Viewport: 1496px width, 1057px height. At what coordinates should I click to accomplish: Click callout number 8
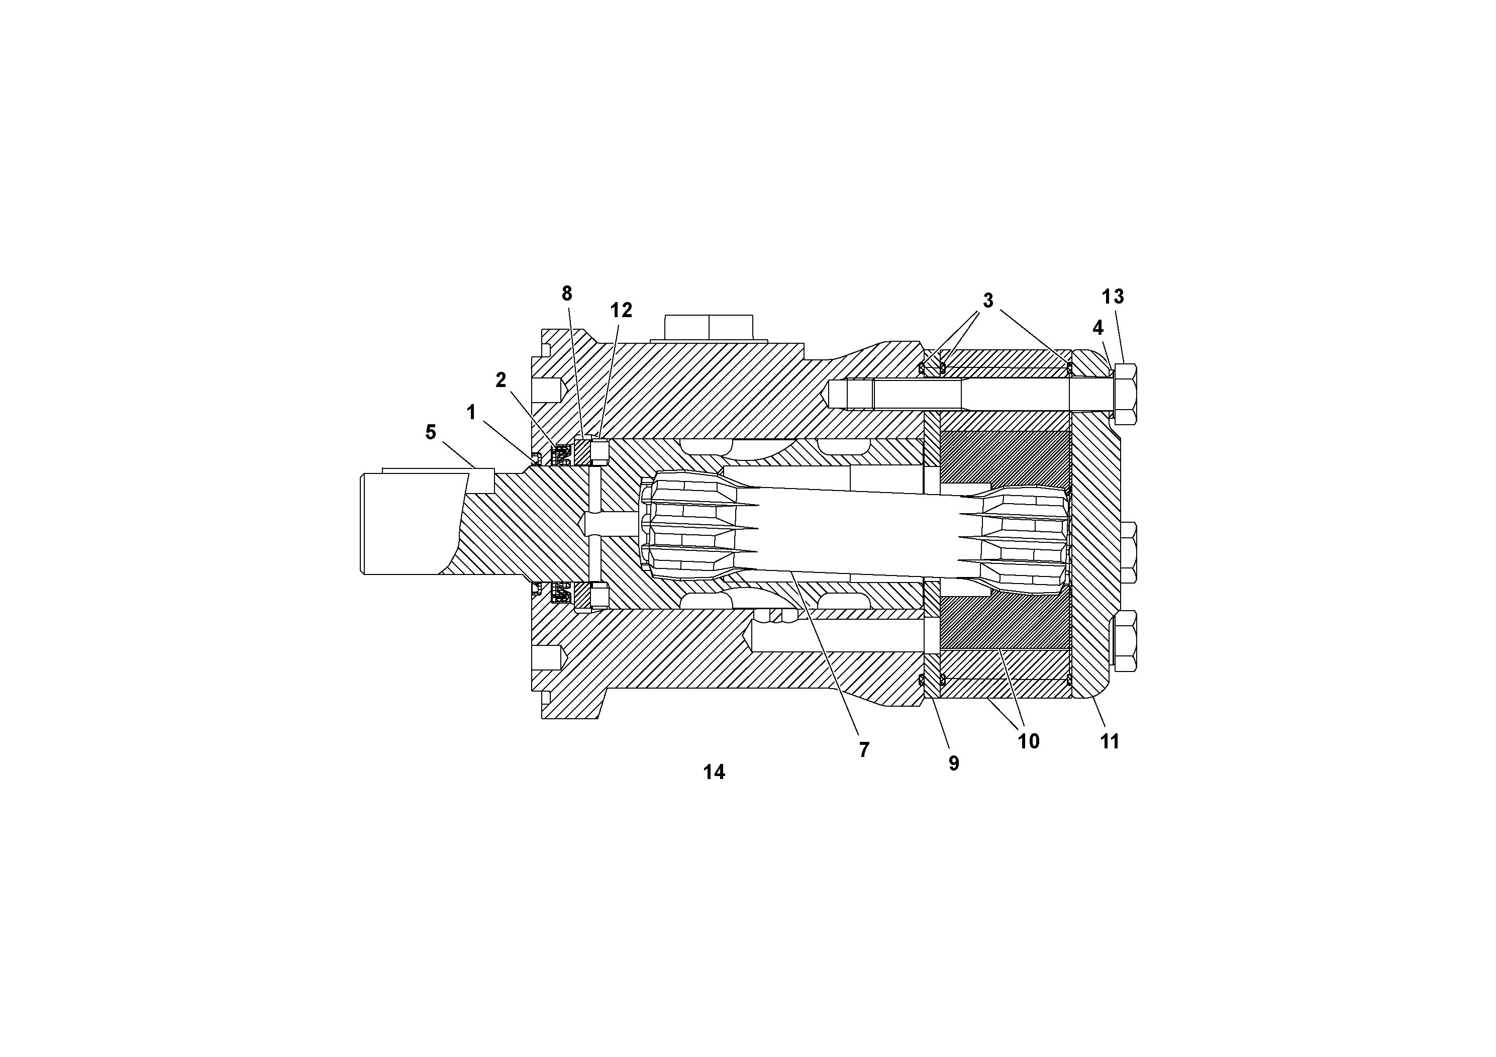(x=567, y=295)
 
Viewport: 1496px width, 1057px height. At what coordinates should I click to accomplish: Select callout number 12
(x=621, y=311)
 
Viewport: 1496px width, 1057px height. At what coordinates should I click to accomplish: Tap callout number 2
(x=501, y=380)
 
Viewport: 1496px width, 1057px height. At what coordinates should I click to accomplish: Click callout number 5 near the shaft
(x=430, y=432)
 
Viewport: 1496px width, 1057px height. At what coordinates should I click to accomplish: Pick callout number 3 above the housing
(x=988, y=301)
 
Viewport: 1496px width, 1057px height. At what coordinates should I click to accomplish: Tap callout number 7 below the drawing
(x=864, y=750)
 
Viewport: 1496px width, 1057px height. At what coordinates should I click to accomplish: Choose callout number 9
(x=954, y=763)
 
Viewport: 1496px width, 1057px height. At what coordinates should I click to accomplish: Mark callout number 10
(x=1028, y=741)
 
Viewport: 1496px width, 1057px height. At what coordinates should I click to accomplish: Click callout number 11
(x=1110, y=741)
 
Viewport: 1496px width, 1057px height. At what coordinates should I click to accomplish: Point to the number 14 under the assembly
(x=714, y=772)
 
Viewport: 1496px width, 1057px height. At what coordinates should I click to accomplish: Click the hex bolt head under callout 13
(x=1126, y=394)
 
